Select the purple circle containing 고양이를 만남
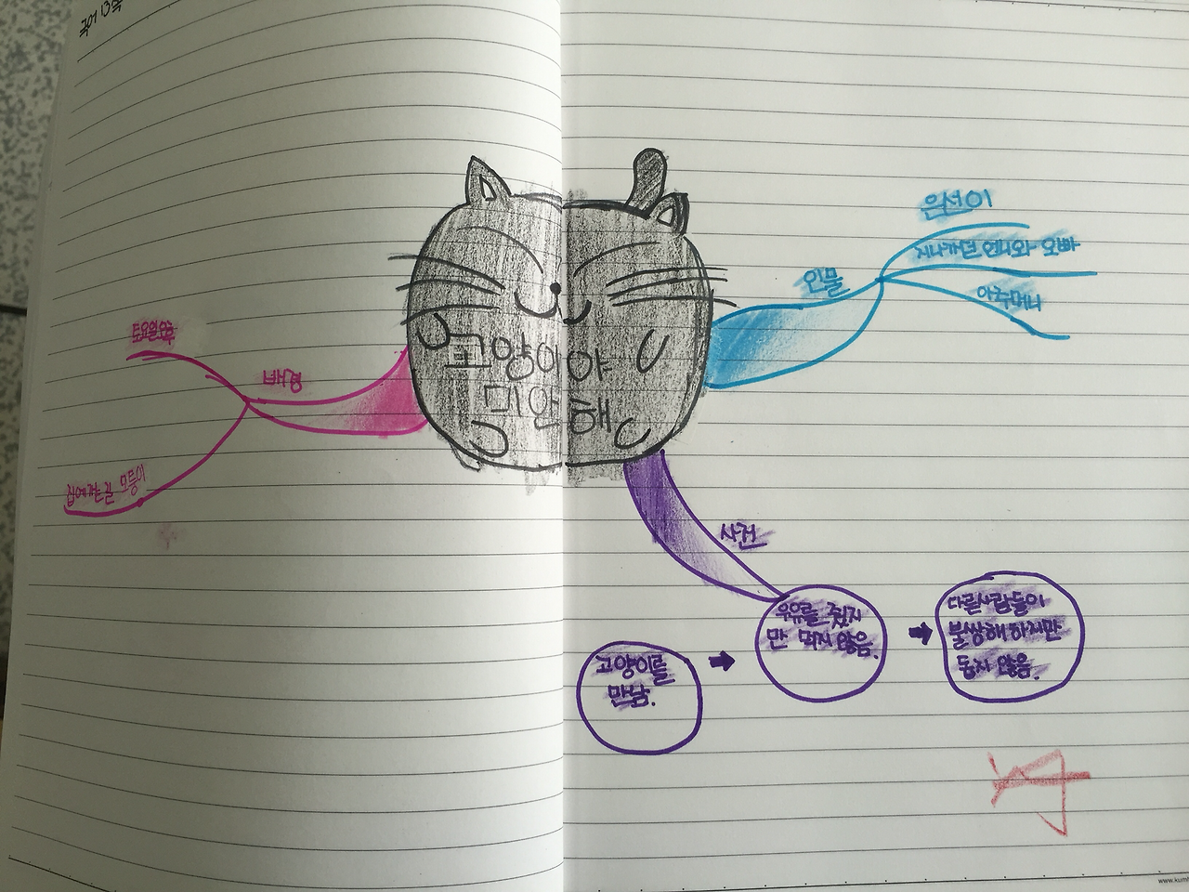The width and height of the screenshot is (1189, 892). (x=636, y=691)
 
